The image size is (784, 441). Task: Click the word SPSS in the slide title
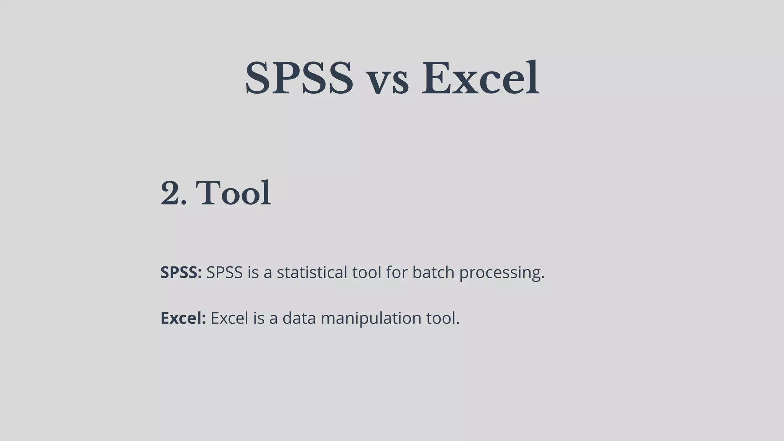(299, 78)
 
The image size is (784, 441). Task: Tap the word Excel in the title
(480, 78)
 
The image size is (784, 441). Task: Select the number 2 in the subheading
(171, 193)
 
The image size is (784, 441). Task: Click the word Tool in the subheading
(233, 193)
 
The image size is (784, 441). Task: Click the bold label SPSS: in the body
(181, 273)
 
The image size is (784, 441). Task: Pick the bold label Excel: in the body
(183, 318)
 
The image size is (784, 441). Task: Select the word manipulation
(371, 318)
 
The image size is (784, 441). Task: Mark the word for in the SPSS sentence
(397, 273)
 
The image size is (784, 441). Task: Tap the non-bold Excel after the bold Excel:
(229, 318)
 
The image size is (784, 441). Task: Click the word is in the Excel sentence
(258, 318)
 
